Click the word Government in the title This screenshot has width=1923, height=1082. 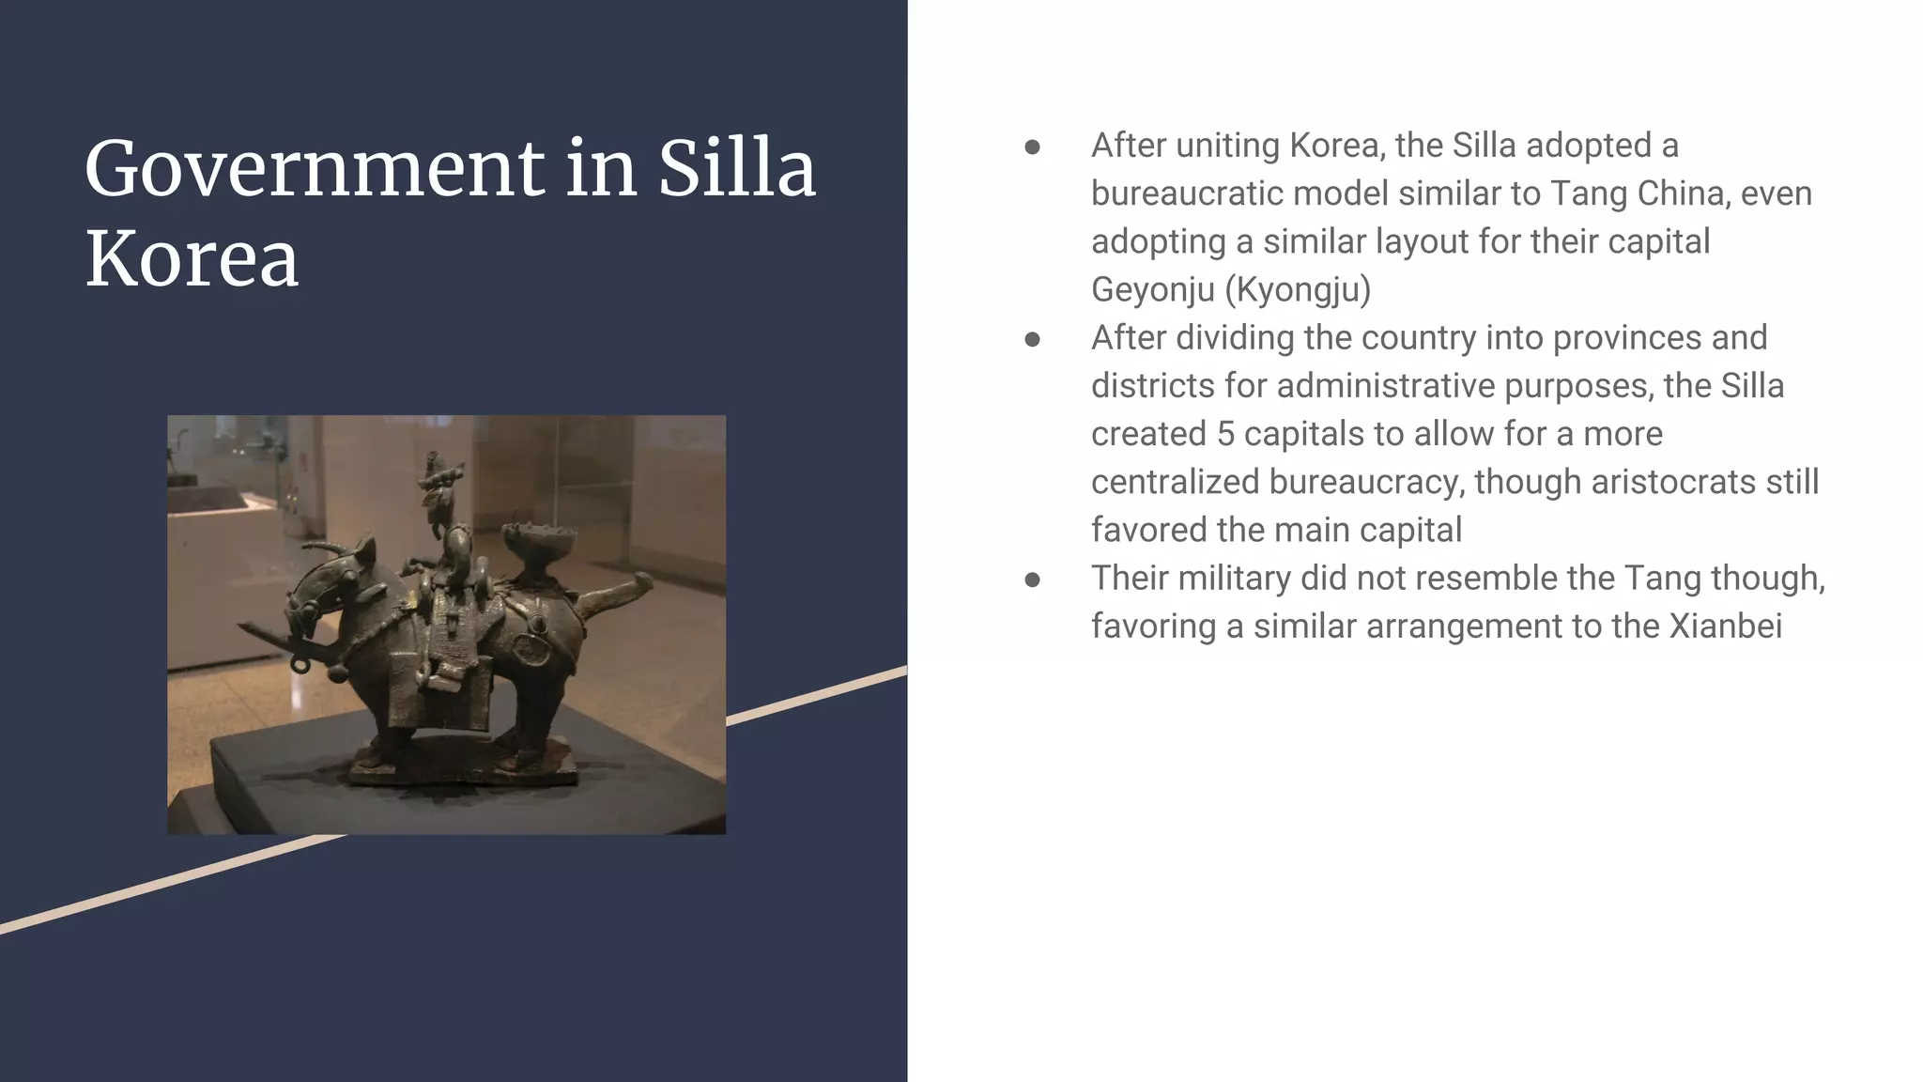pos(315,169)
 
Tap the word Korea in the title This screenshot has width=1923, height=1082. pos(192,258)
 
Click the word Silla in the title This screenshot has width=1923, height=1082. pos(736,169)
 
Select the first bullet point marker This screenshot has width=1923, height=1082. pos(1032,147)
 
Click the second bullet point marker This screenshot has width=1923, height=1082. pos(1032,339)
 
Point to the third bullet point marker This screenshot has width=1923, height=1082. pos(1032,580)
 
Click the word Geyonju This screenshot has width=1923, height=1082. pos(1152,289)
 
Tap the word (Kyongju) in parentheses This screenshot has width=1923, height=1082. pos(1298,289)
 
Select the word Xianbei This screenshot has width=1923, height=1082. pos(1725,626)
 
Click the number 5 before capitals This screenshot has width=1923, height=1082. pos(1225,434)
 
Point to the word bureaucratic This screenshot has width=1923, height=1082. pos(1186,193)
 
